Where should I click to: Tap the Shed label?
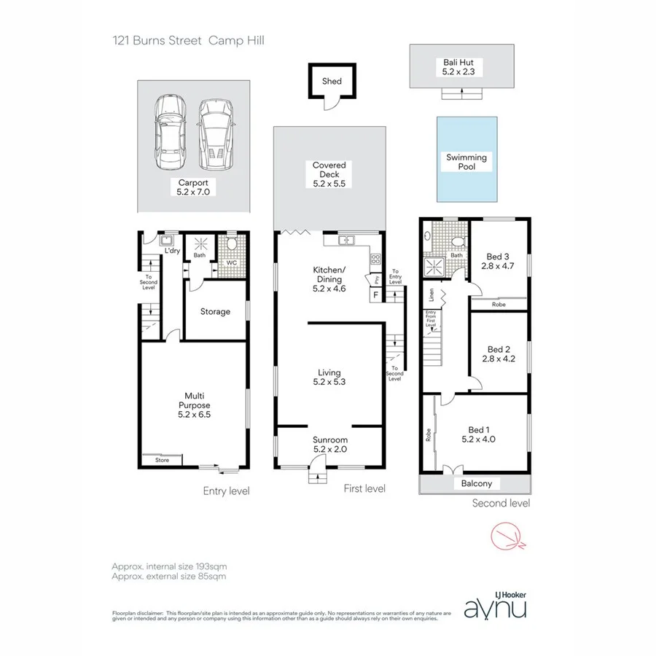(332, 82)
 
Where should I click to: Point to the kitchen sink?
(345, 240)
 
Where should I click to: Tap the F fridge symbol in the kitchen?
(375, 295)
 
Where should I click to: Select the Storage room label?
(215, 312)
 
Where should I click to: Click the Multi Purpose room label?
(195, 400)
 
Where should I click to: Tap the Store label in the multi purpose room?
(162, 460)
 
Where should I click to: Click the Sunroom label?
(329, 440)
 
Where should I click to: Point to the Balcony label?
(476, 483)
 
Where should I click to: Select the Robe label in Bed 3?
(499, 304)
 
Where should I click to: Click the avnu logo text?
(495, 606)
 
